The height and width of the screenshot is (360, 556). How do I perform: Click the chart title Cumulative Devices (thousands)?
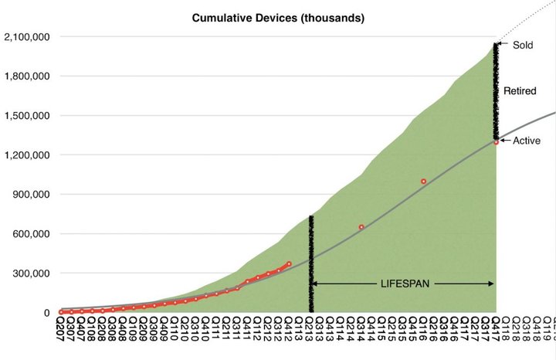279,18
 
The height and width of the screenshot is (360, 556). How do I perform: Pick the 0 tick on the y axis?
47,313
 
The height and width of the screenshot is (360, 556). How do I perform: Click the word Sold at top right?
523,46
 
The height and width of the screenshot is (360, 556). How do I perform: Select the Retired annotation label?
520,91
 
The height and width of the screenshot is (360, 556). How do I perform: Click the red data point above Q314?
361,227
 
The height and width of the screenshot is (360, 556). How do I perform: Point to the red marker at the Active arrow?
497,142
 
